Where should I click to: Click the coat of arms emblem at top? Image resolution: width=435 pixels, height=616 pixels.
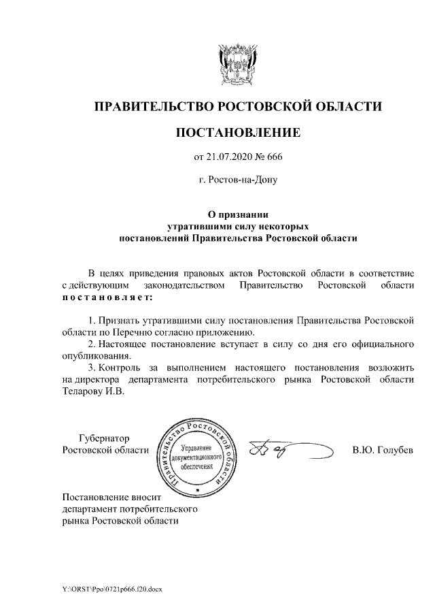(238, 63)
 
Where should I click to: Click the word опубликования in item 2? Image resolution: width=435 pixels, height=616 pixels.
(94, 356)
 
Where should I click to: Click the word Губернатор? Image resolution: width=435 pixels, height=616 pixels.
(103, 438)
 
